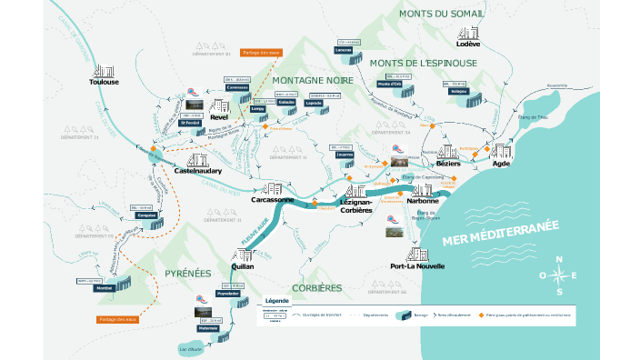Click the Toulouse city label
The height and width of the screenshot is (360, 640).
[105, 82]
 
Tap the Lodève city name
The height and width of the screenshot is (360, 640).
[468, 44]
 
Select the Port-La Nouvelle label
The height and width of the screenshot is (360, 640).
[416, 266]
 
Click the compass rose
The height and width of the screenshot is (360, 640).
[558, 275]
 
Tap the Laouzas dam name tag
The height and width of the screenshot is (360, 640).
[344, 50]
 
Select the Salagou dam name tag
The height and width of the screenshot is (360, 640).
[457, 91]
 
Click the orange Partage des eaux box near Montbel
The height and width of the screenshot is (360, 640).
[117, 319]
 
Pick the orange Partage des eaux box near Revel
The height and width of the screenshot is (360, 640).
[260, 53]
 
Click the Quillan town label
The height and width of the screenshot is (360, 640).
[243, 266]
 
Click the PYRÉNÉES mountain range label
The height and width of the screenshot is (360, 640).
[188, 274]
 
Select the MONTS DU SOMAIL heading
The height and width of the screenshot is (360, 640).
[442, 14]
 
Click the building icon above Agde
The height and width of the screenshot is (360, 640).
[500, 150]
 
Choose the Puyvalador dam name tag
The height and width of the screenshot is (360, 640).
[228, 294]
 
